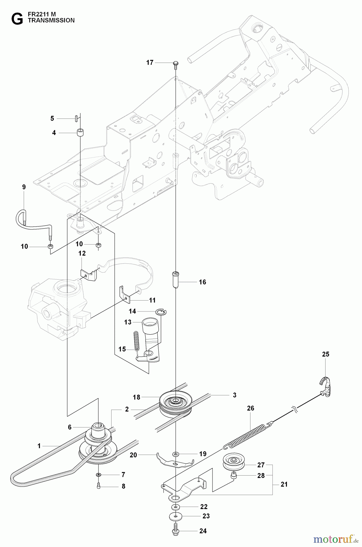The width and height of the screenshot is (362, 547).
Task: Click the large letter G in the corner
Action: coord(17,19)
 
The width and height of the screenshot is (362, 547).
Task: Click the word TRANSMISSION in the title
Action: coord(51,20)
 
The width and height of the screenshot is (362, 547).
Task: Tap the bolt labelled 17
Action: coord(176,64)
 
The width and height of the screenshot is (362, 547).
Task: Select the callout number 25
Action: coord(326,354)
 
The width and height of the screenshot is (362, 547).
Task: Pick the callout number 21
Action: coord(284,484)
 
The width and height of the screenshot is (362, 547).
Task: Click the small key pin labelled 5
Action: coord(76,118)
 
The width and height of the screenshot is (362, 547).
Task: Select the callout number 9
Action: coord(24,187)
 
